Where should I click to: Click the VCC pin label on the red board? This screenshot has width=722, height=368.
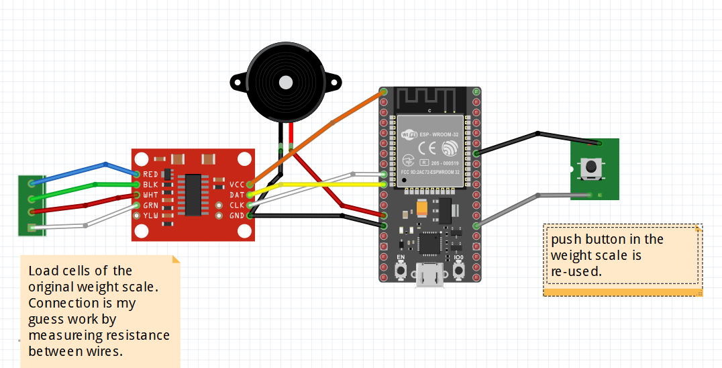pos(237,184)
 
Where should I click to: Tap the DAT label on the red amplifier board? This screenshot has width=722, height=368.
pos(237,195)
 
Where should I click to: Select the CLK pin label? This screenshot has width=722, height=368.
pos(237,205)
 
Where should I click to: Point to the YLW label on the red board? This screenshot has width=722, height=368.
pos(150,216)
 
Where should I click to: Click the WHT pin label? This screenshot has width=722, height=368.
pos(150,195)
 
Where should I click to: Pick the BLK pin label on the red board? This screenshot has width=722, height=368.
pos(150,184)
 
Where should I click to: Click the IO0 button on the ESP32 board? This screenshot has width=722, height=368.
pos(459,271)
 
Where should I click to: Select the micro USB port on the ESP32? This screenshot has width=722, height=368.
pos(429,276)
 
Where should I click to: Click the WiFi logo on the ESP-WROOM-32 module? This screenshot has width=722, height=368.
pos(409,135)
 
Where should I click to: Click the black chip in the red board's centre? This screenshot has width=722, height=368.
pos(193,195)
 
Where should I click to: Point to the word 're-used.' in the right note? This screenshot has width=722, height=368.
pos(576,271)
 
